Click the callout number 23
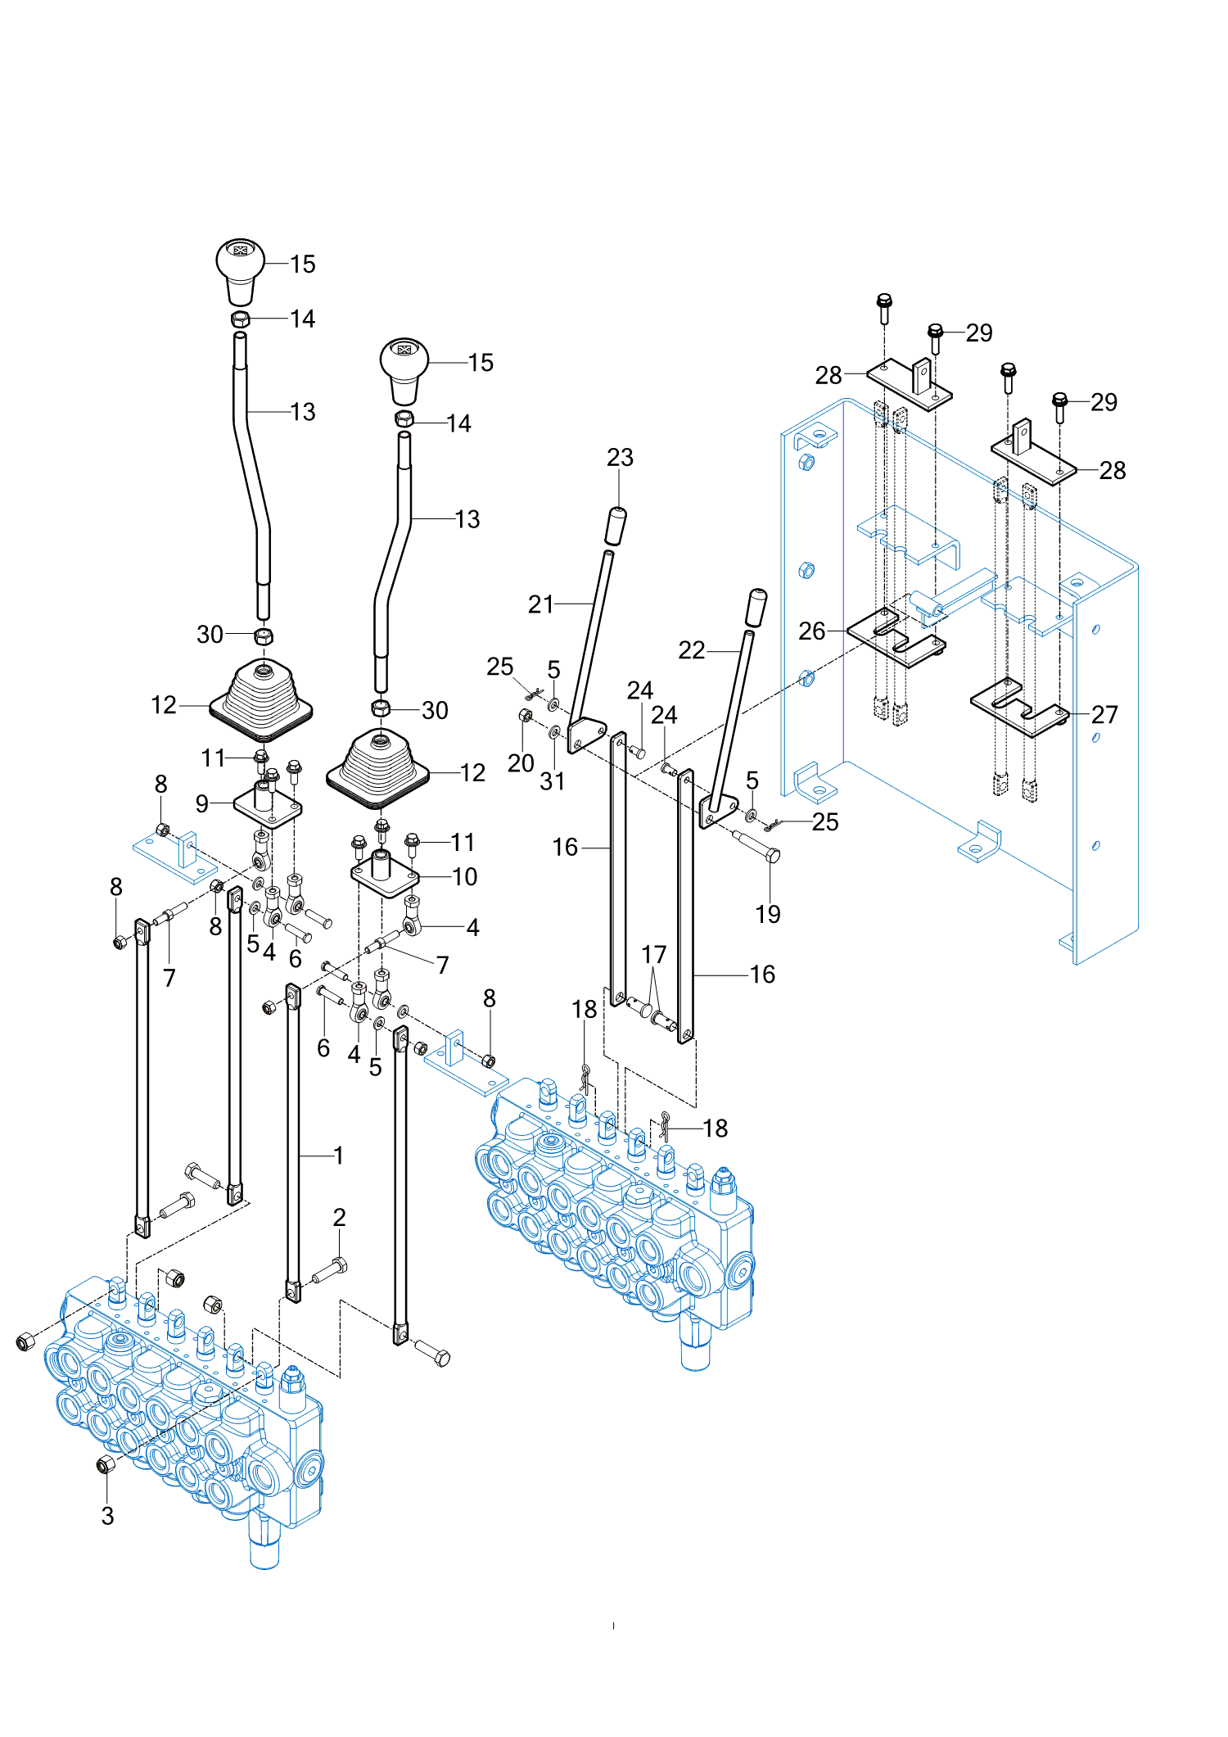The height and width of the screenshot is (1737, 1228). pos(620,457)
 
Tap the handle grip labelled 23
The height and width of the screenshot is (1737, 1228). pos(616,526)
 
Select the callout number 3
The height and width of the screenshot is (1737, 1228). pos(107,1516)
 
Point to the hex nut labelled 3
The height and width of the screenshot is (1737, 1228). pos(106,1464)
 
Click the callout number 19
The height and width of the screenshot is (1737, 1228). pos(767,914)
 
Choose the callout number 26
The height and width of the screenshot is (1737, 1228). pos(811,631)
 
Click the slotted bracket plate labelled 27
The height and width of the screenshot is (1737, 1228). pos(1020,709)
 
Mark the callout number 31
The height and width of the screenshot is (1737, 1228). pos(552,781)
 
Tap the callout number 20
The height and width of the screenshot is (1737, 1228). pos(521,763)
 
